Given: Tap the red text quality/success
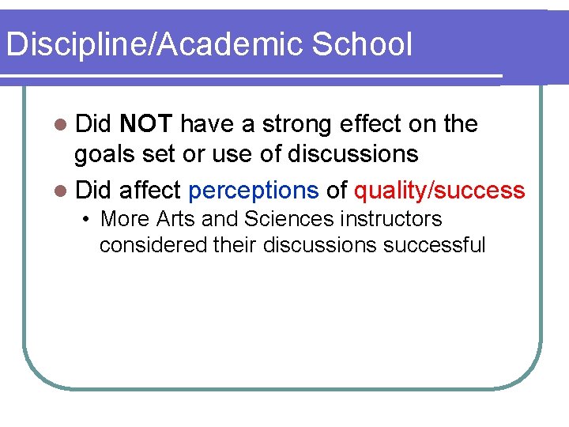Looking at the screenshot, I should coord(439,191).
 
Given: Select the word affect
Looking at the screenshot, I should coord(150,191).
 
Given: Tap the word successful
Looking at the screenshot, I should coord(434,245).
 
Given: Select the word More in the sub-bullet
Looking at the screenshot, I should coord(120,218).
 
